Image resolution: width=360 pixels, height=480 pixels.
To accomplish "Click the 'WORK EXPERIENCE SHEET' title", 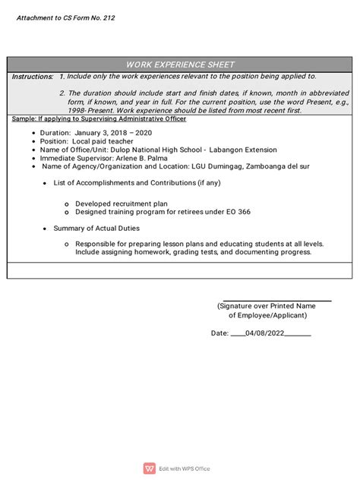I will [180, 65].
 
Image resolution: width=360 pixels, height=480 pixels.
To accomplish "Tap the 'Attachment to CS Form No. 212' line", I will [68, 17].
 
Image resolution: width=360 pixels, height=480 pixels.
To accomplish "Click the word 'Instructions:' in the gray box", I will [33, 77].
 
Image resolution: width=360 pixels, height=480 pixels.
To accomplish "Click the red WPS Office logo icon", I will [149, 469].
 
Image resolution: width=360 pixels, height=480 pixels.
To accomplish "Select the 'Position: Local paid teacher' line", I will [89, 141].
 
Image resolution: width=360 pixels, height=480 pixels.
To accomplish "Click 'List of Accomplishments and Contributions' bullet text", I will [137, 183].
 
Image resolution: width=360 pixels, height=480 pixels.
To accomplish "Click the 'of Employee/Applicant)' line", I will [271, 314].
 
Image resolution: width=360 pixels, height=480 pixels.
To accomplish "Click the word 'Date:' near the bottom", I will [219, 333].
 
